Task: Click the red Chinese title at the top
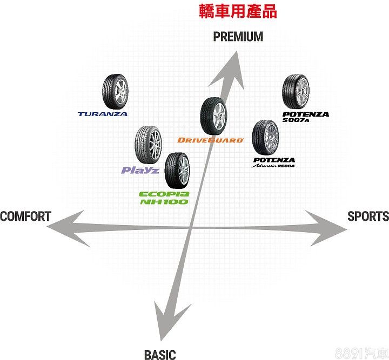tap(238, 11)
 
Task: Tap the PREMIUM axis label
tap(238, 36)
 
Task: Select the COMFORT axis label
tap(25, 216)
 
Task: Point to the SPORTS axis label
tap(368, 216)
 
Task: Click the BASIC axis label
tap(160, 355)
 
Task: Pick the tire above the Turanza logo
tap(115, 92)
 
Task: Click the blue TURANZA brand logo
tap(103, 114)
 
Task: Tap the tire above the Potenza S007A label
tap(296, 92)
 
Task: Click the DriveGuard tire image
tap(213, 116)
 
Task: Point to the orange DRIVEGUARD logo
tap(211, 140)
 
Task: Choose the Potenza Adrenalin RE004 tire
tap(265, 138)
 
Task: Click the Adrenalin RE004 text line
tap(273, 166)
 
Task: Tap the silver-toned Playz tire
tap(149, 145)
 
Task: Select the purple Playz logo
tap(140, 170)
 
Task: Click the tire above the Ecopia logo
tap(177, 171)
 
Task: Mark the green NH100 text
tap(164, 201)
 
